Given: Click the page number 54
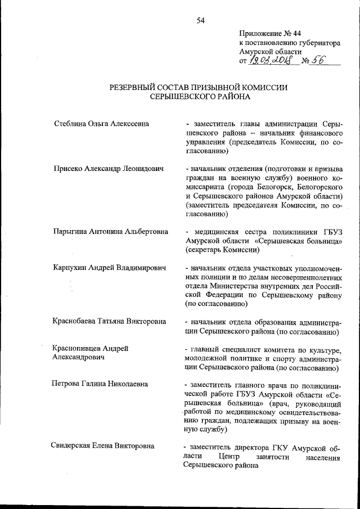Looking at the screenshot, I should (x=201, y=21).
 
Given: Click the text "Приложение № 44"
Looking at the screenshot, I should (x=269, y=33).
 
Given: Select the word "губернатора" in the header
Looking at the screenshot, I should (x=319, y=42).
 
